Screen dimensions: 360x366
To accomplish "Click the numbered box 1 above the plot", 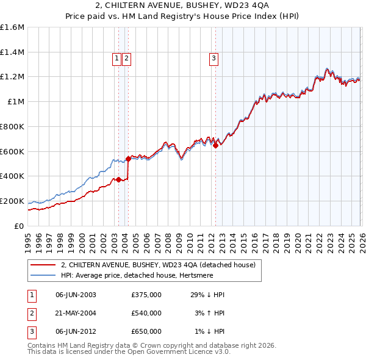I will (116, 59).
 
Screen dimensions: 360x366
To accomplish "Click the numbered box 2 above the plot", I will (126, 59).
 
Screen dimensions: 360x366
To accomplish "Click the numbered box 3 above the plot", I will (215, 59).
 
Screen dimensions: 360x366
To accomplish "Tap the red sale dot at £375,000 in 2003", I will (118, 179).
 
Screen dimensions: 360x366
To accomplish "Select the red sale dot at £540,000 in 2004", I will (128, 159).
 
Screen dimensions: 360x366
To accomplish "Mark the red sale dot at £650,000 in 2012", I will (215, 145).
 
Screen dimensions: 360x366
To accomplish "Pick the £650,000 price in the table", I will (146, 331).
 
